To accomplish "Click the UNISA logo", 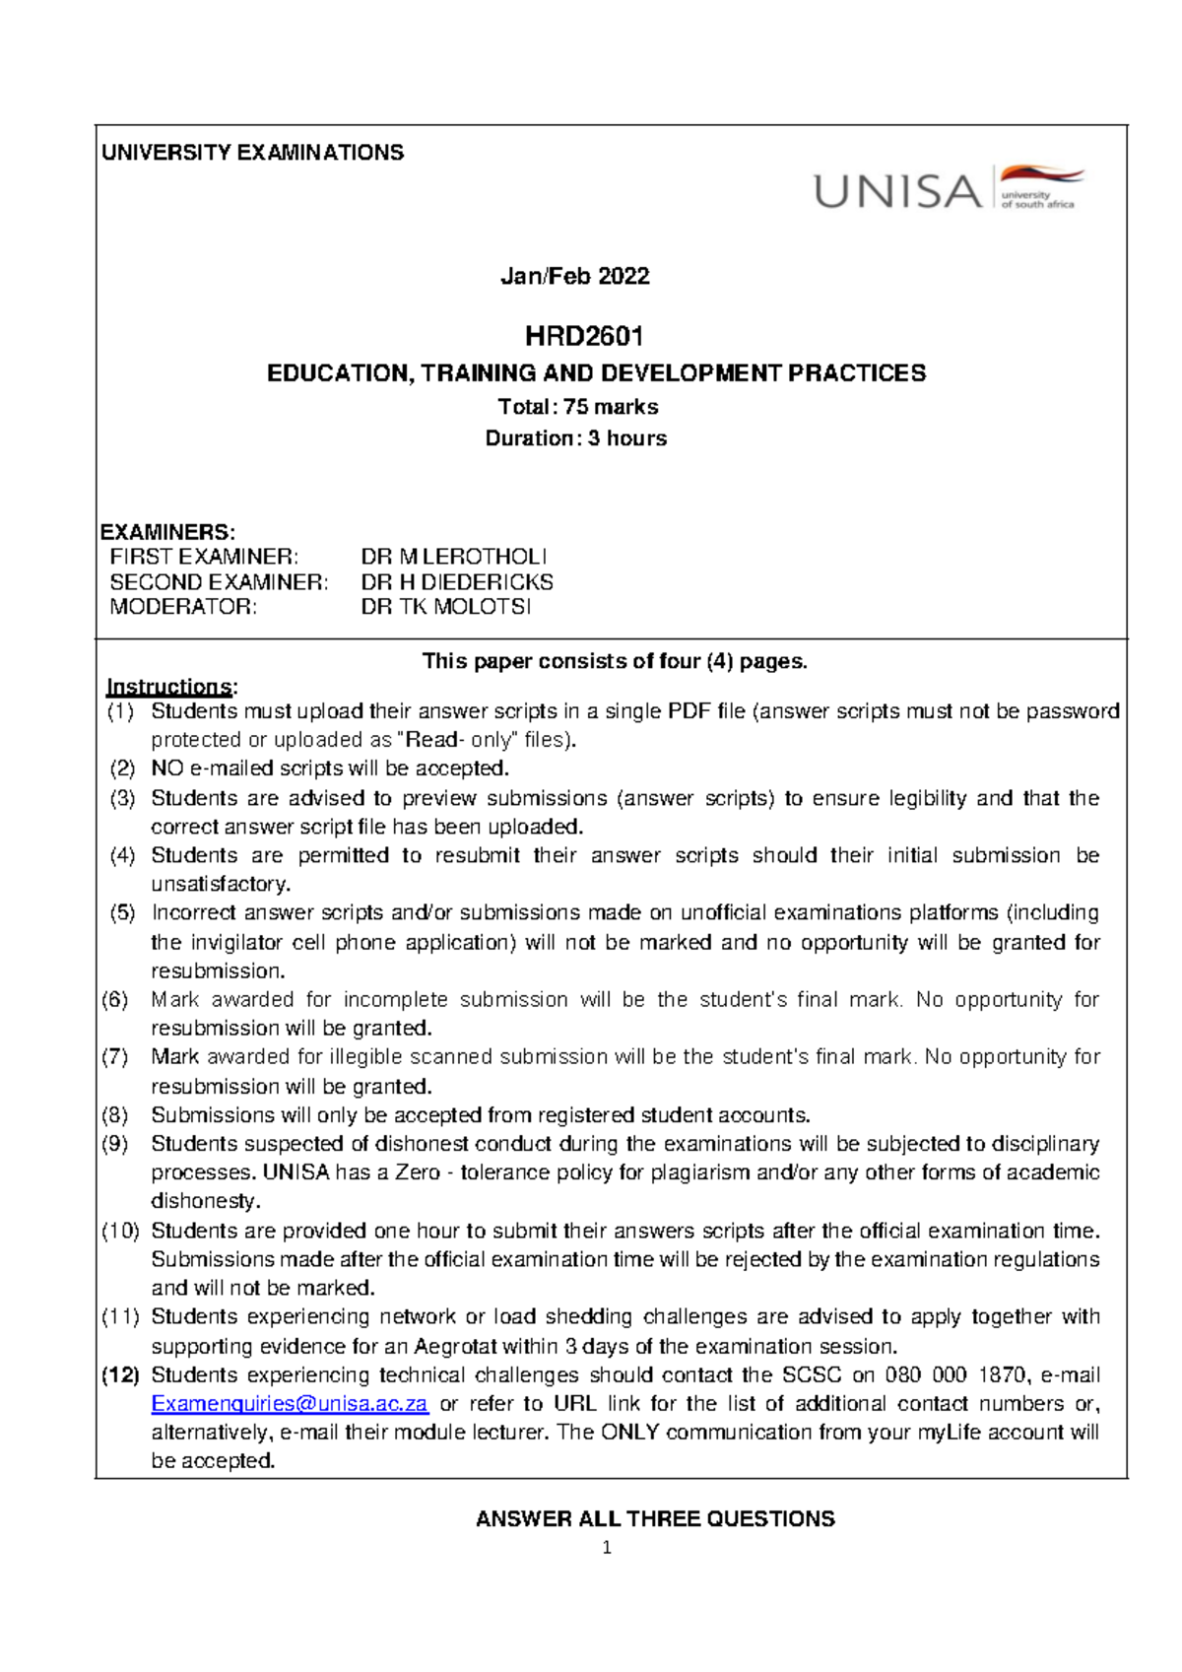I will pyautogui.click(x=948, y=188).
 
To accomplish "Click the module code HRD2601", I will pyautogui.click(x=583, y=337).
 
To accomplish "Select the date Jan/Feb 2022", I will pyautogui.click(x=574, y=276).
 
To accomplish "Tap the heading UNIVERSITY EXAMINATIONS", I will pyautogui.click(x=252, y=153).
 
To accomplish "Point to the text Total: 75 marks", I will pyautogui.click(x=578, y=407).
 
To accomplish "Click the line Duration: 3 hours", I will pyautogui.click(x=575, y=438).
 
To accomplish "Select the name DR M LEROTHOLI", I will pyautogui.click(x=453, y=557).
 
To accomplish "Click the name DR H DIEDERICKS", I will pyautogui.click(x=457, y=582).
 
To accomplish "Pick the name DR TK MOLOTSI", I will pyautogui.click(x=446, y=607).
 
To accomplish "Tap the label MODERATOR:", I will pyautogui.click(x=183, y=607).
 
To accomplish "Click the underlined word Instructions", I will pyautogui.click(x=168, y=687).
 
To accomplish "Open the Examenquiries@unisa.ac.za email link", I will pyautogui.click(x=290, y=1404).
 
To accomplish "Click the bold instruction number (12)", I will pyautogui.click(x=120, y=1375).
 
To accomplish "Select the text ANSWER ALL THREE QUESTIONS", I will pyautogui.click(x=655, y=1519).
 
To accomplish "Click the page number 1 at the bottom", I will pyautogui.click(x=607, y=1548).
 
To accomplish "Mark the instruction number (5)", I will pyautogui.click(x=122, y=913).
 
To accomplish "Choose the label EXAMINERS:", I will pyautogui.click(x=167, y=532).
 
